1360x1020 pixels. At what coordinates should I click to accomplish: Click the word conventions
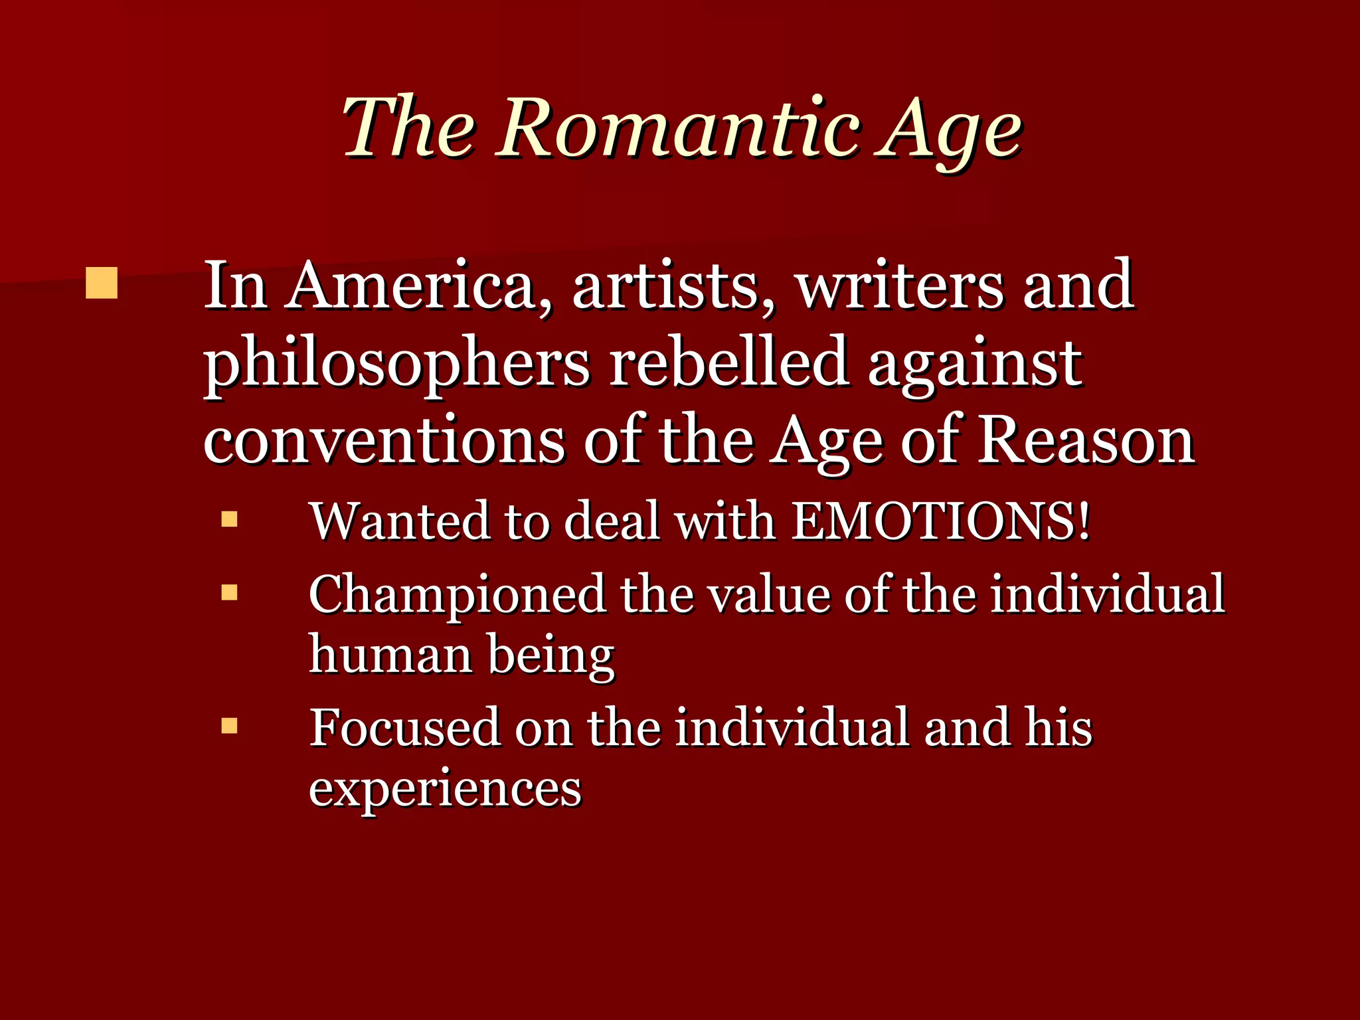384,442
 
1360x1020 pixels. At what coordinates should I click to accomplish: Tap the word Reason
1086,442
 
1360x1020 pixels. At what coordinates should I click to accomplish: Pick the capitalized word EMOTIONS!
942,521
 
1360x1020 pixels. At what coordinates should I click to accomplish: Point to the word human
390,655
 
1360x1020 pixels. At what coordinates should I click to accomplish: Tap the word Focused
403,728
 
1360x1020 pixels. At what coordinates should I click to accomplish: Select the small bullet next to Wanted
229,519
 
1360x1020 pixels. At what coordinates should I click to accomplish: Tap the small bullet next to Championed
229,592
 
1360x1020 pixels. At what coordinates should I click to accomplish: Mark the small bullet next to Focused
229,725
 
